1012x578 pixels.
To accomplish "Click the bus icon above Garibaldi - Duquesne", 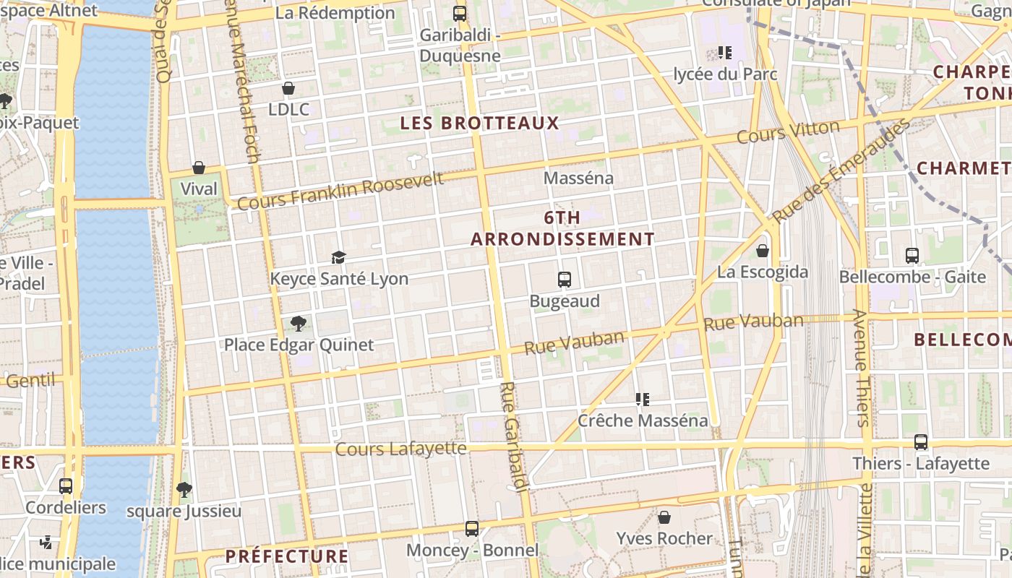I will tap(459, 13).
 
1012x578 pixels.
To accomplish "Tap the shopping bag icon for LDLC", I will tap(288, 88).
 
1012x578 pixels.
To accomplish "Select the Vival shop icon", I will tap(199, 168).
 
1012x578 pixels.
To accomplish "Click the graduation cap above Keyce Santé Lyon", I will tap(338, 257).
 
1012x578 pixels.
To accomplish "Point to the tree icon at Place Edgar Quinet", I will tap(298, 323).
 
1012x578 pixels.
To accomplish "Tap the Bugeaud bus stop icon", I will tap(565, 279).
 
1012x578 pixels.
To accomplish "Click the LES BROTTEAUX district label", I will tap(480, 123).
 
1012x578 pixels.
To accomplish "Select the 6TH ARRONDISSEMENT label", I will tap(562, 228).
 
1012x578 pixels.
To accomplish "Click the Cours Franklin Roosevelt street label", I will tap(340, 191).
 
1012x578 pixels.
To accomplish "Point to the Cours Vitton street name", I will tap(788, 131).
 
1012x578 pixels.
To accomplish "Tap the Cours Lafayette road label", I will tap(400, 449).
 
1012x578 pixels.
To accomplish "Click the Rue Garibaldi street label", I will tap(513, 437).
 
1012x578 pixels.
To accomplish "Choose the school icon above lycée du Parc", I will tap(725, 53).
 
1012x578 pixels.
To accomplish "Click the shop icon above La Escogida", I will tap(762, 251).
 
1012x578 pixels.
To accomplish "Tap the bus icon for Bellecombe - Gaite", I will tap(912, 255).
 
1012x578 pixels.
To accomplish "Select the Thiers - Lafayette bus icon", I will tap(920, 441).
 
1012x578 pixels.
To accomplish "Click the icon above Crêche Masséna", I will tap(643, 399).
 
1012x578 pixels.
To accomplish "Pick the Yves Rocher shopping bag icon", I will tap(664, 517).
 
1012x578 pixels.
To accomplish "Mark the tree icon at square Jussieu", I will tap(184, 490).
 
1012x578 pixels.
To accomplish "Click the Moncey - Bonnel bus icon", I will tap(472, 529).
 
